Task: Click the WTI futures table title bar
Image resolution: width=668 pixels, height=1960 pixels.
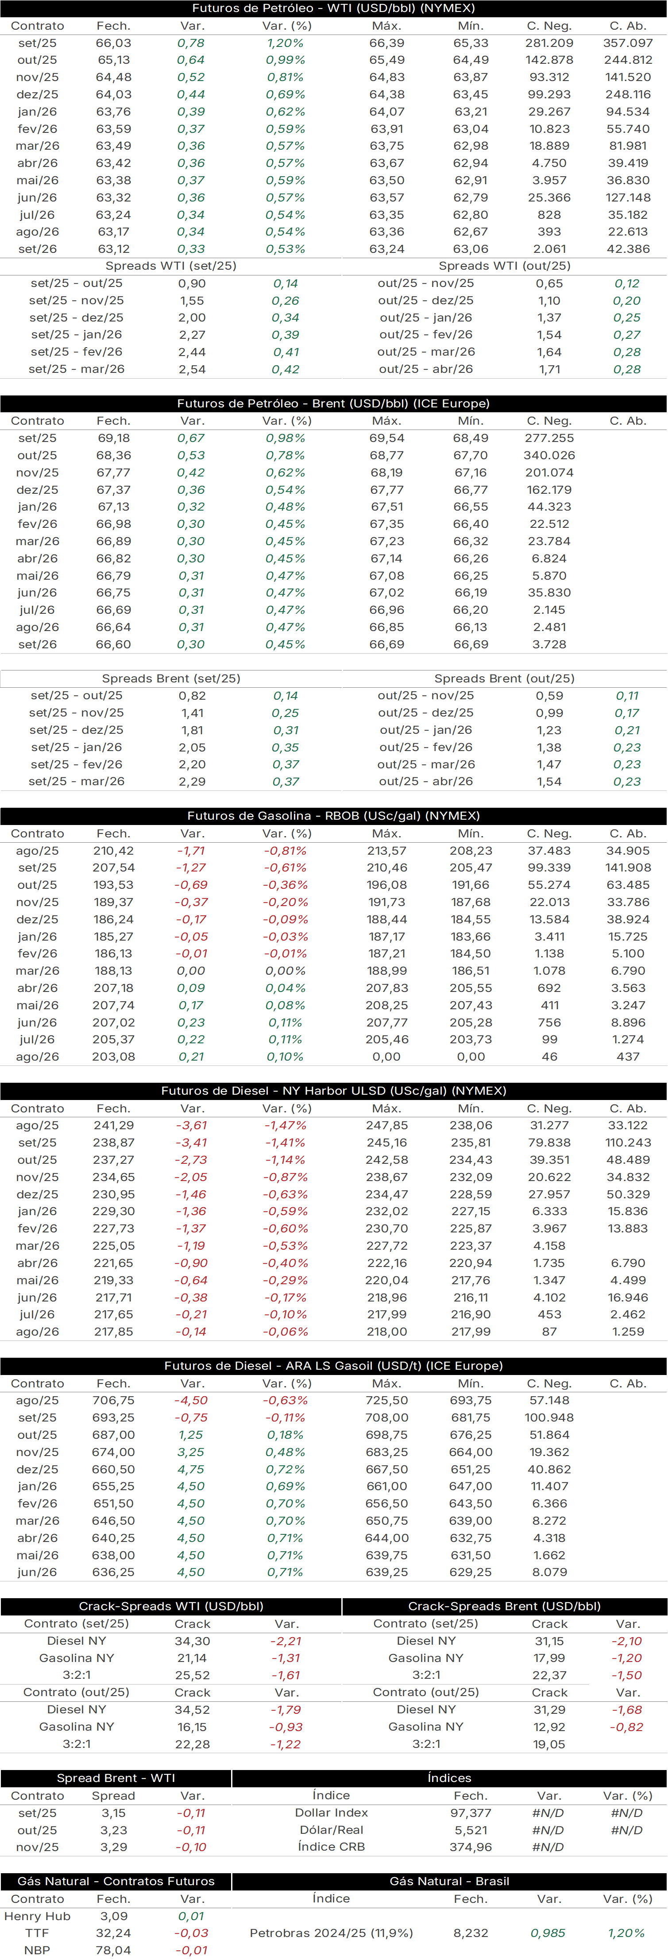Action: click(x=334, y=8)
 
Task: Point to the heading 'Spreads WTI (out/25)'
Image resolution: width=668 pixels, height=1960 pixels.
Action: click(x=504, y=266)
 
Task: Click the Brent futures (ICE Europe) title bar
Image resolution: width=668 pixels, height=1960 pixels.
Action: click(x=334, y=403)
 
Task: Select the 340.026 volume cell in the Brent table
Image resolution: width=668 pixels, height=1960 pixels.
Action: click(x=549, y=455)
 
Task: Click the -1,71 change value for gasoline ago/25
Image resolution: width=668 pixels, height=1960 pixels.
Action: click(x=191, y=851)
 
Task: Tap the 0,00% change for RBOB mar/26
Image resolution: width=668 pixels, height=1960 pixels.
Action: click(x=286, y=971)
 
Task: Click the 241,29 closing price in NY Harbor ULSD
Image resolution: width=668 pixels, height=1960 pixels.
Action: click(x=113, y=1125)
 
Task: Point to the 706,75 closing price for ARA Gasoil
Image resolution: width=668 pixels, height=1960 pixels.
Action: click(x=113, y=1400)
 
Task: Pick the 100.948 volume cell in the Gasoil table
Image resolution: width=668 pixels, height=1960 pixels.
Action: click(x=549, y=1418)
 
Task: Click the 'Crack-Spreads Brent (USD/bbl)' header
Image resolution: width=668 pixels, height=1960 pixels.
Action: click(x=504, y=1606)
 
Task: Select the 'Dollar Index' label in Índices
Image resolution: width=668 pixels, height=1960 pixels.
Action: click(x=332, y=1813)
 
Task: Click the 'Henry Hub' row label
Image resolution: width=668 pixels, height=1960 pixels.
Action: click(x=37, y=1916)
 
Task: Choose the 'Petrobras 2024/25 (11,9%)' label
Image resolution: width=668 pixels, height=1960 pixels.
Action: click(x=332, y=1933)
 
